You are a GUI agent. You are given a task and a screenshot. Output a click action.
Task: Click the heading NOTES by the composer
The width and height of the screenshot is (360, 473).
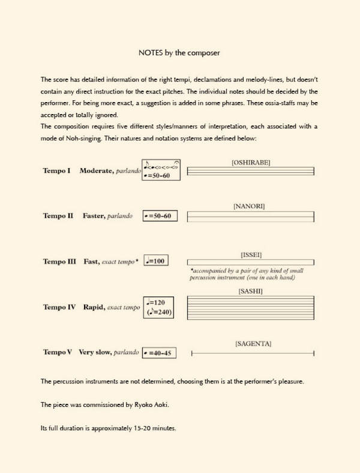179,53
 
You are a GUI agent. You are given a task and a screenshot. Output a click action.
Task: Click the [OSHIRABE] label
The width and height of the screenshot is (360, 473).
251,162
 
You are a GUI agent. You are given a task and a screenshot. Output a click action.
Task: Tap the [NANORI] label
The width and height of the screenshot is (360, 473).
249,206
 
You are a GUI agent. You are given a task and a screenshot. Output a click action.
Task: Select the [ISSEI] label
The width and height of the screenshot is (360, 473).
251,255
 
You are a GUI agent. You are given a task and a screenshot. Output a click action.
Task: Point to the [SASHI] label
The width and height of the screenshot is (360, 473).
250,291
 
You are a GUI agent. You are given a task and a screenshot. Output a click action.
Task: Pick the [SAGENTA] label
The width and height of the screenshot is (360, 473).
253,344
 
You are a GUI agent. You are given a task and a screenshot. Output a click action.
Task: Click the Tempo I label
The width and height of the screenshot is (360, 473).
56,171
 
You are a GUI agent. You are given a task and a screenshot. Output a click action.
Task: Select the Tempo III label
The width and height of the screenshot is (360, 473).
59,262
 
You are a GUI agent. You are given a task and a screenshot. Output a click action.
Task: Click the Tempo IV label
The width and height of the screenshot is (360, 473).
59,307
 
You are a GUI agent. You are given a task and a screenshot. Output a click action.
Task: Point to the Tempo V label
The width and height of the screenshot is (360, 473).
58,352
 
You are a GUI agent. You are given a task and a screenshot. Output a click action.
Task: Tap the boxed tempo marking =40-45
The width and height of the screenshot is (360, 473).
160,353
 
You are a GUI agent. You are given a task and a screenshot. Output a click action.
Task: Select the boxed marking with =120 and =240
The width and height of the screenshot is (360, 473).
160,307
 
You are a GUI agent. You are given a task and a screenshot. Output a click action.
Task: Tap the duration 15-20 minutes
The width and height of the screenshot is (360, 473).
151,429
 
